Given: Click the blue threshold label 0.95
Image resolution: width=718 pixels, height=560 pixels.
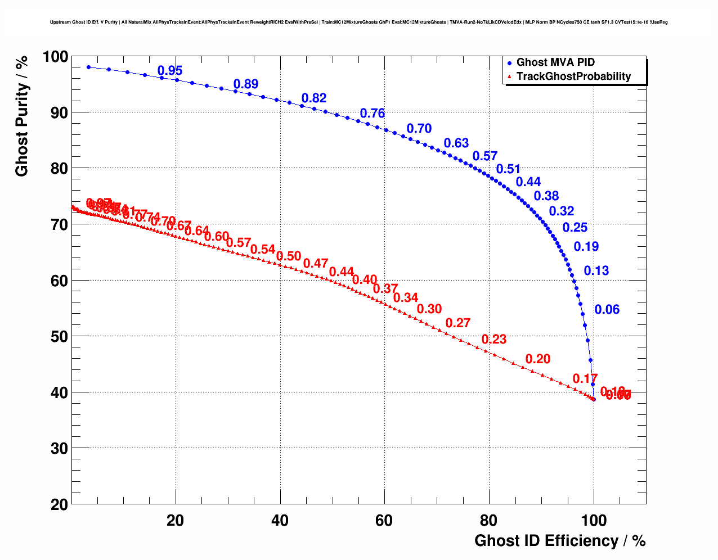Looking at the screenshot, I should pos(170,71).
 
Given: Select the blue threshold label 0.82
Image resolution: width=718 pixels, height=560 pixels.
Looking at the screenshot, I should pos(314,98).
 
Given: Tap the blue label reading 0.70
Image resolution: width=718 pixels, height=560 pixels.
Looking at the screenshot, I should pos(419,129).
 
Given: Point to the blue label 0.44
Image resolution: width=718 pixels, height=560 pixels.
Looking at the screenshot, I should pos(528,182).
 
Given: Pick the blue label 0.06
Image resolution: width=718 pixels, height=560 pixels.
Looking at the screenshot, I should pos(607,309).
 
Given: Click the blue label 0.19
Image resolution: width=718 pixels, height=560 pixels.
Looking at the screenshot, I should pos(586,246).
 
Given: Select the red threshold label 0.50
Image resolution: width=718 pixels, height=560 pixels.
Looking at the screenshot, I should pos(289,256).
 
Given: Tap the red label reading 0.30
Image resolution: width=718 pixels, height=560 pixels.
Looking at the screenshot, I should pos(429,309).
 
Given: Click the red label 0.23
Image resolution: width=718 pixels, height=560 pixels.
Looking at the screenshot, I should pos(494,339).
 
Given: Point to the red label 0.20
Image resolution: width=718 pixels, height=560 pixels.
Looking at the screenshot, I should pos(538,359).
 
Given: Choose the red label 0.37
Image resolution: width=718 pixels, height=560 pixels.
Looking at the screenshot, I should pos(385,289).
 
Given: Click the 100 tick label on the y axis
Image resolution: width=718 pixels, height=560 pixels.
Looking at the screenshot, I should pos(55,56).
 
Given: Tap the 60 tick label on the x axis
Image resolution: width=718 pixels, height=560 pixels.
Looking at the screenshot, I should pos(384,521).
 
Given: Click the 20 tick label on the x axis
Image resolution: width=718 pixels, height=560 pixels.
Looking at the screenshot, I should pos(176,521).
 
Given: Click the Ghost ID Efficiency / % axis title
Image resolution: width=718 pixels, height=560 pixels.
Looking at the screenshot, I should pos(560,541).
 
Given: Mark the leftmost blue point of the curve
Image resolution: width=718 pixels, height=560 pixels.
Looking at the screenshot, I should pos(88,67).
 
